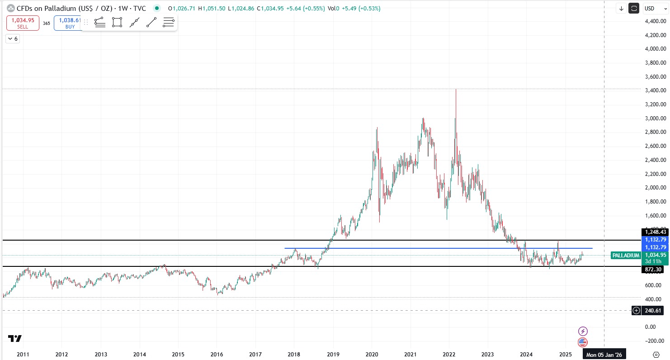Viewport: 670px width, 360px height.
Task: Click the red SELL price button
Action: coord(23,23)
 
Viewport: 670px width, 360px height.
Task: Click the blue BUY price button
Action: coord(68,23)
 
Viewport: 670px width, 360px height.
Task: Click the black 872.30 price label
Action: coord(654,270)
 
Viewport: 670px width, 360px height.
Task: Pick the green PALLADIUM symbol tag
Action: coord(626,256)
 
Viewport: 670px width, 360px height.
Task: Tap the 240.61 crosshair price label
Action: coord(654,310)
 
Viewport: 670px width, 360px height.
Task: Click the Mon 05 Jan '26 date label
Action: coord(604,355)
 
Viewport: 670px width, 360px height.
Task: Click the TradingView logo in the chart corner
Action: coord(14,338)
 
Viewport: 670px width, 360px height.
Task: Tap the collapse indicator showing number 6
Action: coord(13,39)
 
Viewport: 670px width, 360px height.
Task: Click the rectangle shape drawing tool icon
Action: coord(117,22)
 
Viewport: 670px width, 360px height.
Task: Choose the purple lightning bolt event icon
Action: coord(583,331)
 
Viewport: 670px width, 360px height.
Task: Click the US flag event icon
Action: coord(583,342)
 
